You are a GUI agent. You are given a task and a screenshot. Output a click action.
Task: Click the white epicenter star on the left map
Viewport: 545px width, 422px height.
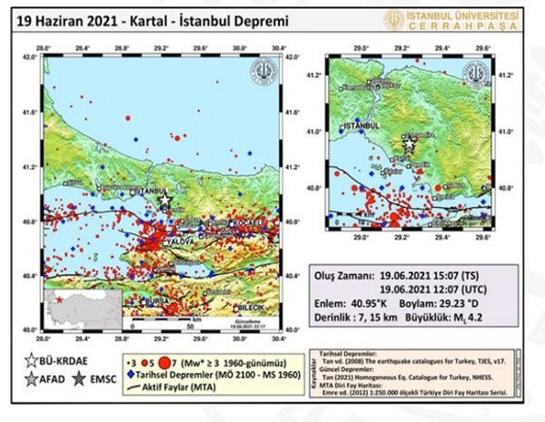164,201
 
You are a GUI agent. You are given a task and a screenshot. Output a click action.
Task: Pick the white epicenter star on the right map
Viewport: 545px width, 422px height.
410,143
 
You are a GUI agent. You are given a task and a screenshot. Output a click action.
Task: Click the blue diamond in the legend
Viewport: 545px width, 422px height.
131,372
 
